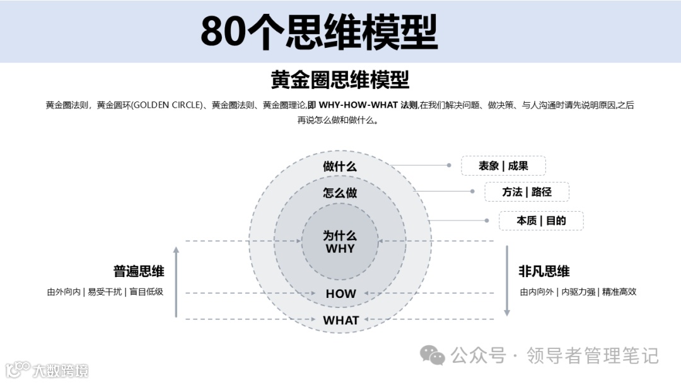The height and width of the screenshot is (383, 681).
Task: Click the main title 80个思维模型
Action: [318, 31]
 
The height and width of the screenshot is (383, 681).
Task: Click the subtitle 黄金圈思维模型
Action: [340, 80]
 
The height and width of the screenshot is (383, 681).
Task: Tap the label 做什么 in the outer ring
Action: [340, 166]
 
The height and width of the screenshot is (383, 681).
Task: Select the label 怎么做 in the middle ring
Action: [340, 193]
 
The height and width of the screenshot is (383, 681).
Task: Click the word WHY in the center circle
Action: [340, 249]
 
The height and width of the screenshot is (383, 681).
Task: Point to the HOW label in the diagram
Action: [340, 294]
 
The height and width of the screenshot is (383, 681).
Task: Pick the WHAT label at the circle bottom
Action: [340, 320]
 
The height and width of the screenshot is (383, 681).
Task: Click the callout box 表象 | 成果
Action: [503, 166]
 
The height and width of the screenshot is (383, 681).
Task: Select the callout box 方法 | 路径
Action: [527, 192]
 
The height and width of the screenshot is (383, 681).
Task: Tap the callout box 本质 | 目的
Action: [541, 220]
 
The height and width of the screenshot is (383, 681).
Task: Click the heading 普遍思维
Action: [139, 272]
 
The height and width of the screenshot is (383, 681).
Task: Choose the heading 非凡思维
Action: [544, 272]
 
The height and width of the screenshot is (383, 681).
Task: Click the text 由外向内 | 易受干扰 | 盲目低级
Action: [105, 292]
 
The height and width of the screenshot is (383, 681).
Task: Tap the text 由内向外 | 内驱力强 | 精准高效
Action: [578, 292]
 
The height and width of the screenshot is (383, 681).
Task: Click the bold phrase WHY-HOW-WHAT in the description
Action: [359, 105]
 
